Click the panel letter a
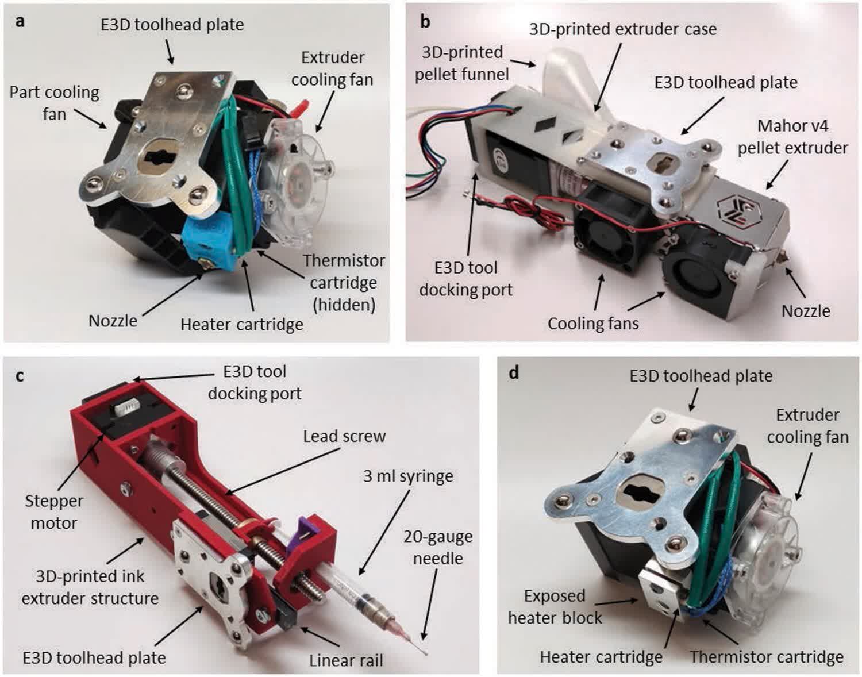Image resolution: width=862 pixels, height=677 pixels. tap(20, 22)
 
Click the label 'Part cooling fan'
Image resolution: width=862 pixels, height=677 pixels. tap(54, 103)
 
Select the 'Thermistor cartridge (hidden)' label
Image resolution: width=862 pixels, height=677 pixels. tap(344, 282)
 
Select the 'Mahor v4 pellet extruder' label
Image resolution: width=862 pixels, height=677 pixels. tap(792, 137)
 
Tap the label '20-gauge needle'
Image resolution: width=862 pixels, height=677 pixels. tap(438, 547)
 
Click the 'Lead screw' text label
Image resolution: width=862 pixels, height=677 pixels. tap(344, 436)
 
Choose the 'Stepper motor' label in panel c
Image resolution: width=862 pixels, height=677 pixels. tap(53, 511)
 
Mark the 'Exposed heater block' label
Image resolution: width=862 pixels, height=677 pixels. tap(555, 606)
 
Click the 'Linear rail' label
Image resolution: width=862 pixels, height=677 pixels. tap(346, 660)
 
